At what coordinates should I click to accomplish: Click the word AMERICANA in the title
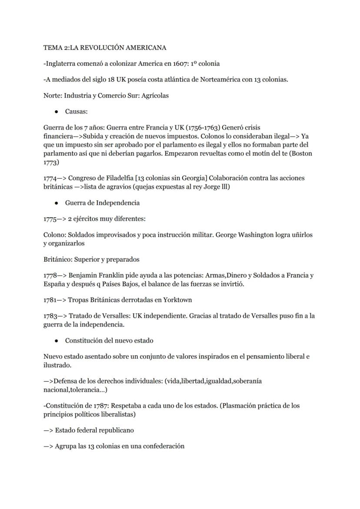pyautogui.click(x=146, y=47)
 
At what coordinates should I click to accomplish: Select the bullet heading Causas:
pyautogui.click(x=77, y=112)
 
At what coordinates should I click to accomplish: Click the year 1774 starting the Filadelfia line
pyautogui.click(x=50, y=178)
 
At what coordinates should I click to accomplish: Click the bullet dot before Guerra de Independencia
pyautogui.click(x=57, y=203)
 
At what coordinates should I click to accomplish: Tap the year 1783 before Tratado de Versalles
pyautogui.click(x=50, y=316)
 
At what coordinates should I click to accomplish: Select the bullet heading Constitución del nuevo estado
pyautogui.click(x=109, y=340)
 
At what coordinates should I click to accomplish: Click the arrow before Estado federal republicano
pyautogui.click(x=48, y=430)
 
